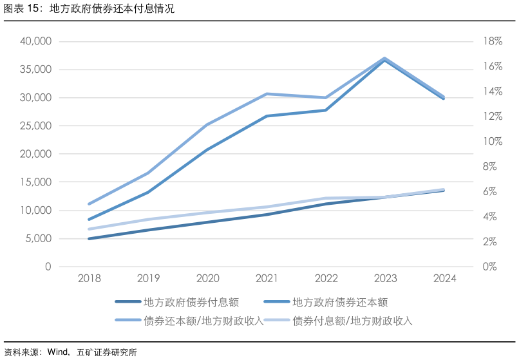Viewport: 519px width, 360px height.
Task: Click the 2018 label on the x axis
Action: [x=89, y=279]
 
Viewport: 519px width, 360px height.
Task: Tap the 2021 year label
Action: [x=267, y=279]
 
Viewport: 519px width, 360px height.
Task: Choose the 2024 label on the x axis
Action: [x=444, y=279]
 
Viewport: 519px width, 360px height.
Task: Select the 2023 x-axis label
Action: [x=385, y=279]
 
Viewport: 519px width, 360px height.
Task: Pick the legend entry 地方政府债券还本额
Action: [x=340, y=301]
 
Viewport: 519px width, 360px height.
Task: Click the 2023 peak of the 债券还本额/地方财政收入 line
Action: [x=385, y=58]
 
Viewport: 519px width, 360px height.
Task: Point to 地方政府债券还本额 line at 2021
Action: [x=267, y=116]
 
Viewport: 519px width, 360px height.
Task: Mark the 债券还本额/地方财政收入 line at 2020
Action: [x=207, y=124]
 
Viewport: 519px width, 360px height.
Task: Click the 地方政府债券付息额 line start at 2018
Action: [x=89, y=239]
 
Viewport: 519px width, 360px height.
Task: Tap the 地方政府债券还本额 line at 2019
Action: [x=148, y=192]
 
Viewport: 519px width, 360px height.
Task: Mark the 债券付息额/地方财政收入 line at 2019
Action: [x=148, y=219]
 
